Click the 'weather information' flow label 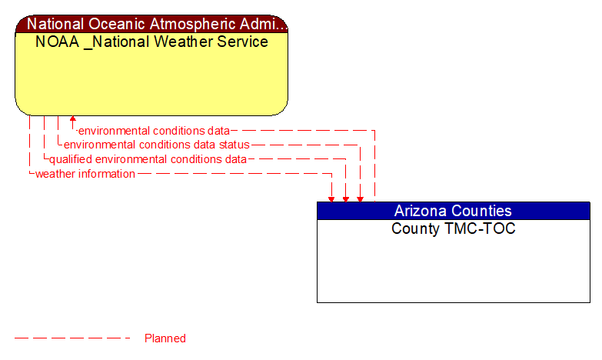tap(85, 174)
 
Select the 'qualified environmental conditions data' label tap(148, 159)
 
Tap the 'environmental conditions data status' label tap(156, 145)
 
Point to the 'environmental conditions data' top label tap(154, 131)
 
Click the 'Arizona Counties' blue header tap(453, 211)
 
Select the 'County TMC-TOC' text tap(453, 228)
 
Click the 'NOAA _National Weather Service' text tap(151, 42)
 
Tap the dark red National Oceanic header tap(151, 24)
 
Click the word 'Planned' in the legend tap(165, 338)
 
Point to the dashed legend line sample tap(73, 338)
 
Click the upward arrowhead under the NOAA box tap(73, 120)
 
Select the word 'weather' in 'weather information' tap(55, 174)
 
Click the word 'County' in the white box tap(414, 228)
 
